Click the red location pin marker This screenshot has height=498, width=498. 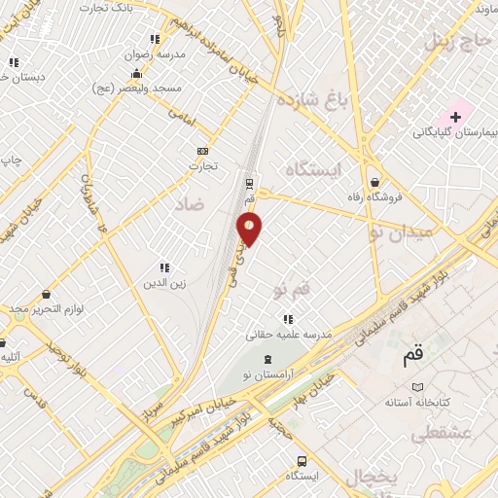(x=250, y=228)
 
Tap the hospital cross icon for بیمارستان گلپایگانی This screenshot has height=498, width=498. (x=455, y=117)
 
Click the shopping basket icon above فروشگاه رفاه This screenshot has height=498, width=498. (x=375, y=182)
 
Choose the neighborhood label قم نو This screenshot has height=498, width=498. (x=291, y=290)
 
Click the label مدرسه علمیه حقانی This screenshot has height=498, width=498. (x=289, y=334)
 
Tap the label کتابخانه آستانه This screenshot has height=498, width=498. (x=417, y=402)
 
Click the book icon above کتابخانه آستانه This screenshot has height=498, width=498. (x=417, y=386)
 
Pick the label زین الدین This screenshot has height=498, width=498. (x=164, y=283)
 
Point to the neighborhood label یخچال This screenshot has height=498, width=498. (x=371, y=477)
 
